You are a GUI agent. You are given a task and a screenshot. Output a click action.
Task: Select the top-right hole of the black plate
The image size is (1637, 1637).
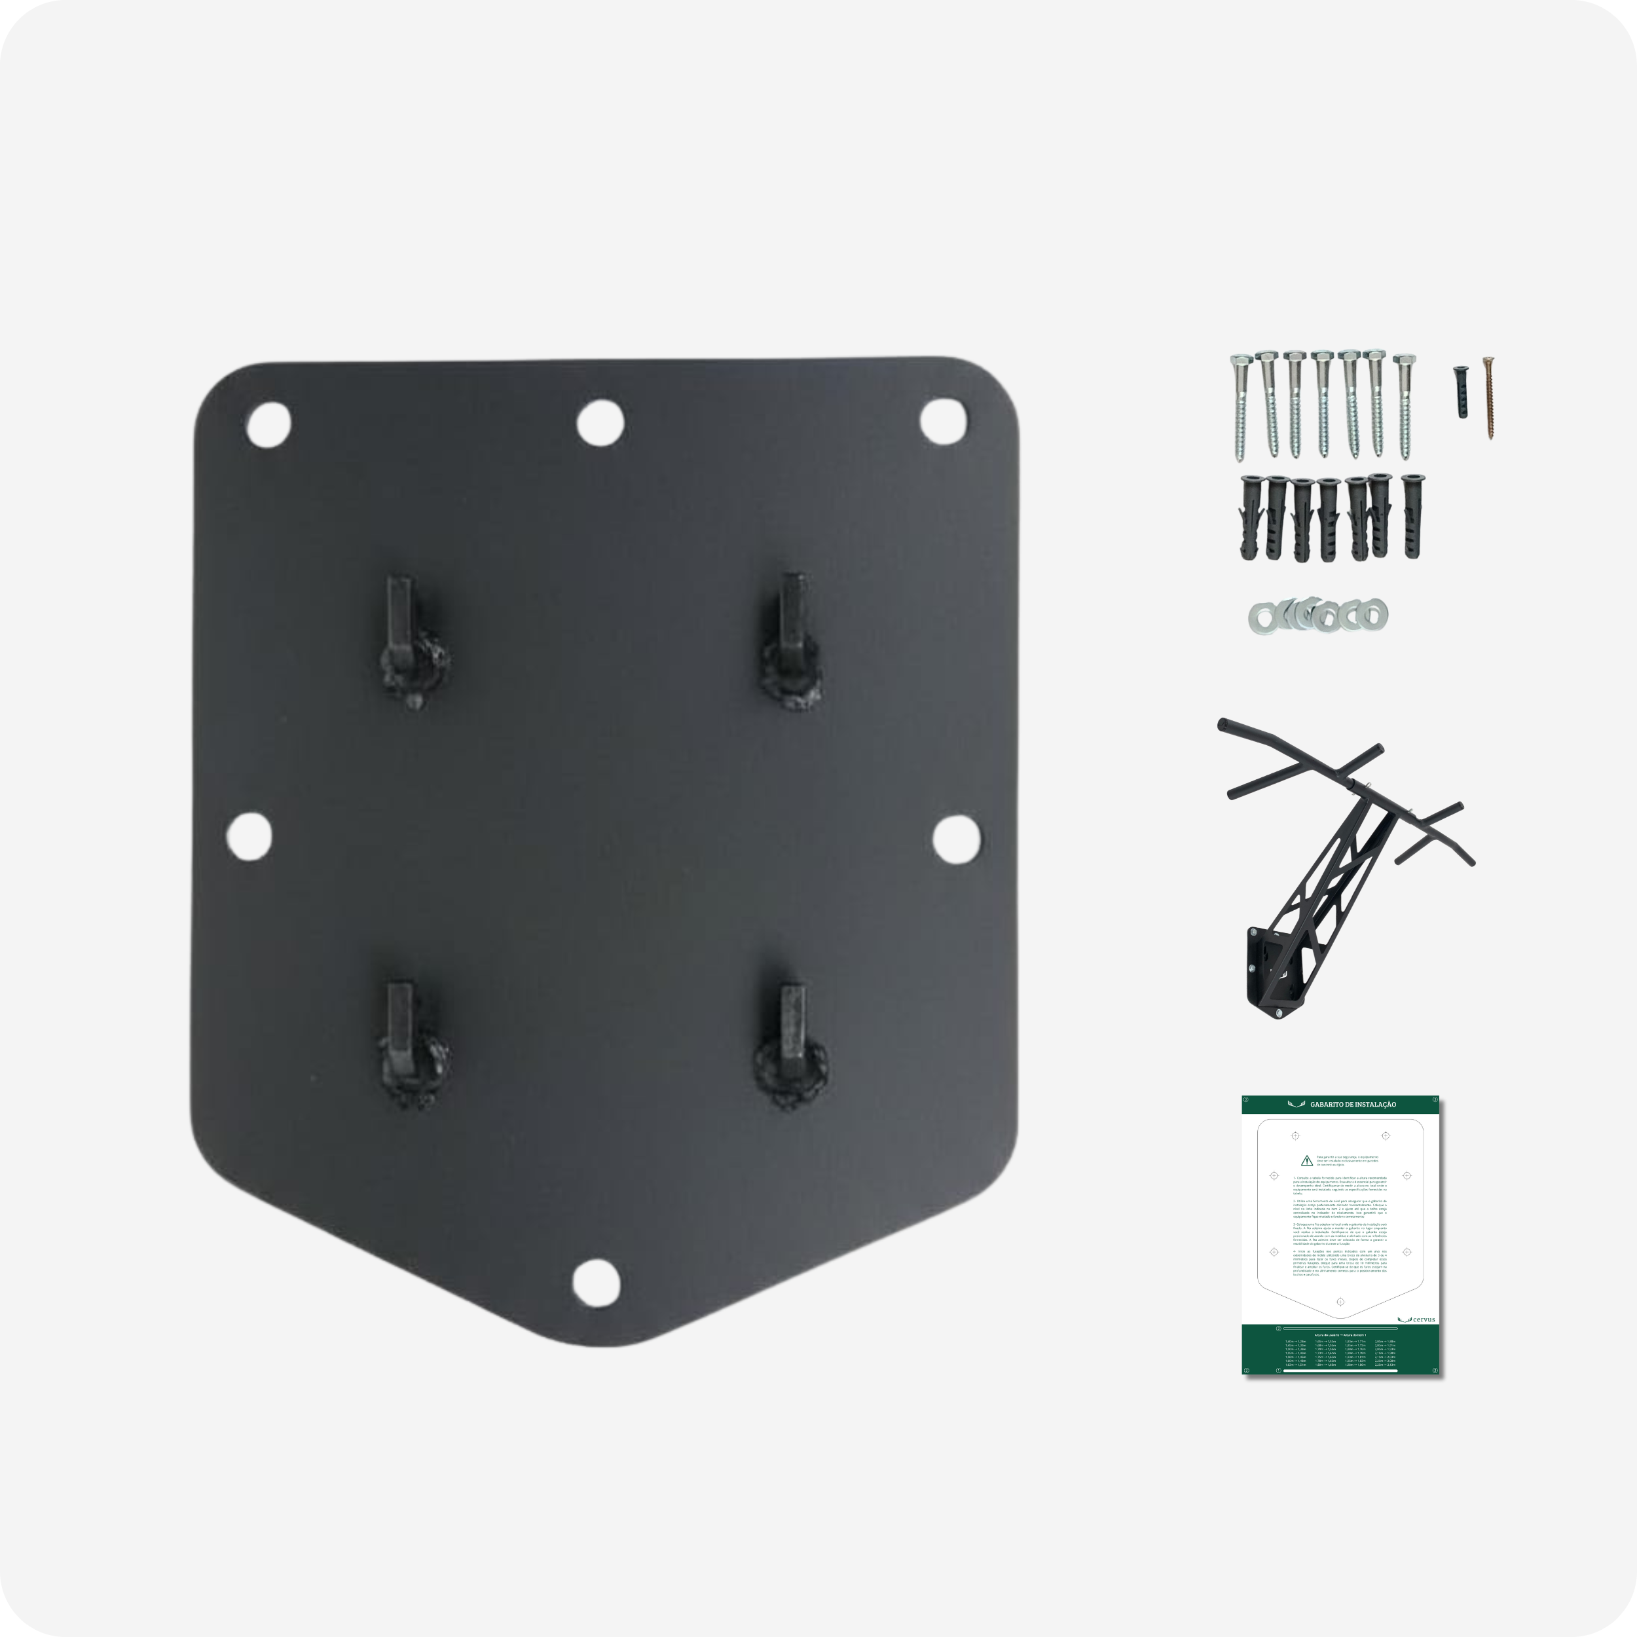pos(942,422)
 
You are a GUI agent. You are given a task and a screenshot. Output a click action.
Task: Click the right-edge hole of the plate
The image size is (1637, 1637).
pos(957,836)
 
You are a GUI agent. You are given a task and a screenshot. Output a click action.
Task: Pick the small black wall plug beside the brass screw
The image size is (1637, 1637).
pos(1460,392)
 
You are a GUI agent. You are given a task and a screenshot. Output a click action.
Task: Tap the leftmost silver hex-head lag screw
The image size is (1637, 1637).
pos(1238,407)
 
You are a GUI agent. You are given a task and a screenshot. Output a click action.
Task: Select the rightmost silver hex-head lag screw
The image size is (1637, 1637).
pos(1405,407)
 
